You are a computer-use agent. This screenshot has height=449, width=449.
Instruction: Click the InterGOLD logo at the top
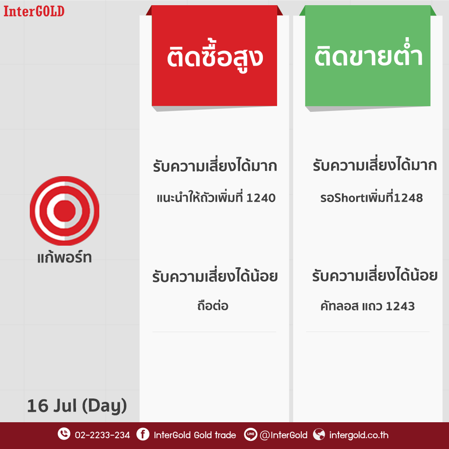click(34, 11)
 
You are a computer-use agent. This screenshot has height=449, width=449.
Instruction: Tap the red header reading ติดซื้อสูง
click(214, 56)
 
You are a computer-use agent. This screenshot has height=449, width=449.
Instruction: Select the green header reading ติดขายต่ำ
click(368, 56)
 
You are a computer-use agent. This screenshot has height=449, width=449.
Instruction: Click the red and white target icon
click(64, 211)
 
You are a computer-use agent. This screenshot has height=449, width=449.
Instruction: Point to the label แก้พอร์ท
click(64, 257)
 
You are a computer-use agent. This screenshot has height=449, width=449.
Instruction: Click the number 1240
click(261, 198)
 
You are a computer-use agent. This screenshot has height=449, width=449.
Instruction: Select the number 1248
click(408, 198)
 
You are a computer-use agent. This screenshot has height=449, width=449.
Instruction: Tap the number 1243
click(400, 307)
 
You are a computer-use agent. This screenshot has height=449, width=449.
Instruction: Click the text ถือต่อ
click(213, 305)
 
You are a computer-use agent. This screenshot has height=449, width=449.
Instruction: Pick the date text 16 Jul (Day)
click(77, 406)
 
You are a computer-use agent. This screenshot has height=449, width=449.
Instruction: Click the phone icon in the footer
click(64, 434)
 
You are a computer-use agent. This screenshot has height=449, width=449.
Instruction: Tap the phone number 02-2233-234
click(102, 435)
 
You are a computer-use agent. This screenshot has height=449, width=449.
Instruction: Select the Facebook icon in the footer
click(142, 434)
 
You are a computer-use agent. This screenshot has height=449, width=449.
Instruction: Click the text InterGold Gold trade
click(195, 435)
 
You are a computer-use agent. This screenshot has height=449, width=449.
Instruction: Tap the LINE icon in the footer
click(250, 434)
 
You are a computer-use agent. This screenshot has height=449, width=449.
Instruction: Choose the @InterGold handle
click(284, 435)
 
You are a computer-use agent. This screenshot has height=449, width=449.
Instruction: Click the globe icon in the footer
click(319, 434)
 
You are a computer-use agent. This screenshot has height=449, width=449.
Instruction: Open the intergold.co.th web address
click(359, 435)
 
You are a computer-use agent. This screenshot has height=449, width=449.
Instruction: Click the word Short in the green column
click(347, 198)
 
